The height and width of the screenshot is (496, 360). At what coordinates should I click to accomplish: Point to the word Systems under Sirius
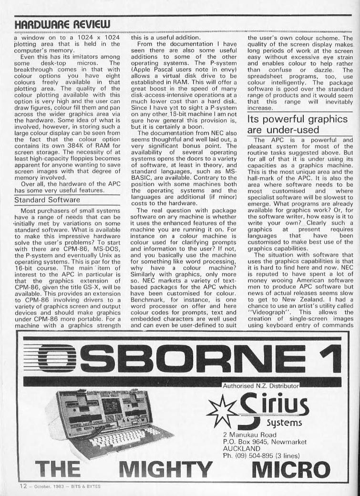click(x=283, y=423)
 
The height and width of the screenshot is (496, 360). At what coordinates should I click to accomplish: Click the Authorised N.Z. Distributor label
click(x=260, y=384)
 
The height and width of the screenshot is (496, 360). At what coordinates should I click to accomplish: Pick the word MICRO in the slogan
click(x=290, y=469)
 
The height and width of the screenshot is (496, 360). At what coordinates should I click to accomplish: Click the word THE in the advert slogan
click(x=59, y=469)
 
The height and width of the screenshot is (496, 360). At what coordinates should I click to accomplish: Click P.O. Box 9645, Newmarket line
click(x=264, y=442)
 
